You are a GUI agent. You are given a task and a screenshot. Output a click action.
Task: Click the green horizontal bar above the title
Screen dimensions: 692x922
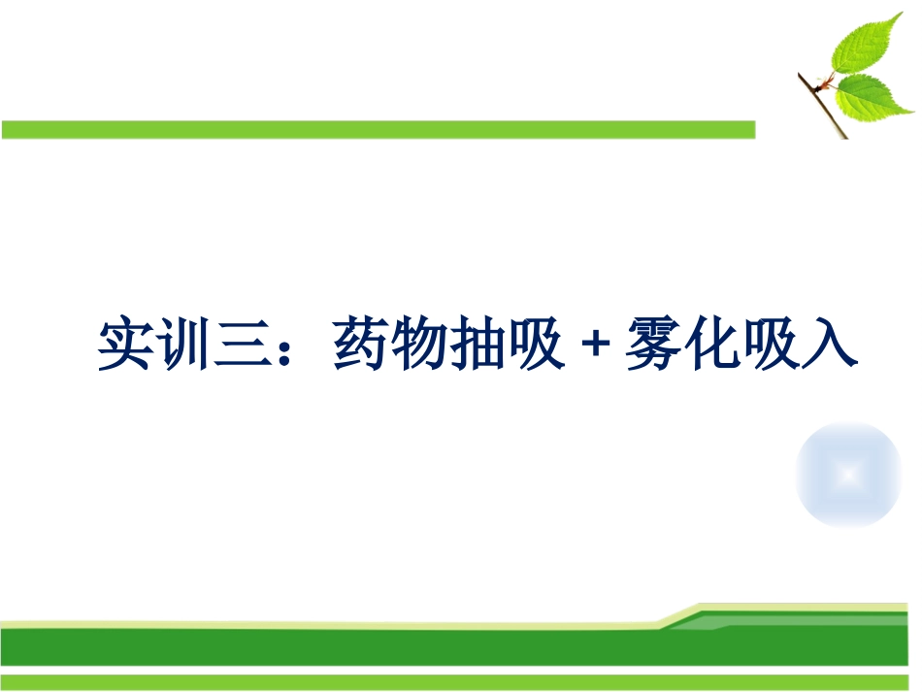[379, 129]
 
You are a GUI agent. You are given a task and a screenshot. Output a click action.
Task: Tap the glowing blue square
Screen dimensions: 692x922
[848, 475]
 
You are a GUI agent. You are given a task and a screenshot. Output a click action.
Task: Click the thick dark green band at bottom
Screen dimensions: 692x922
[388, 645]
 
